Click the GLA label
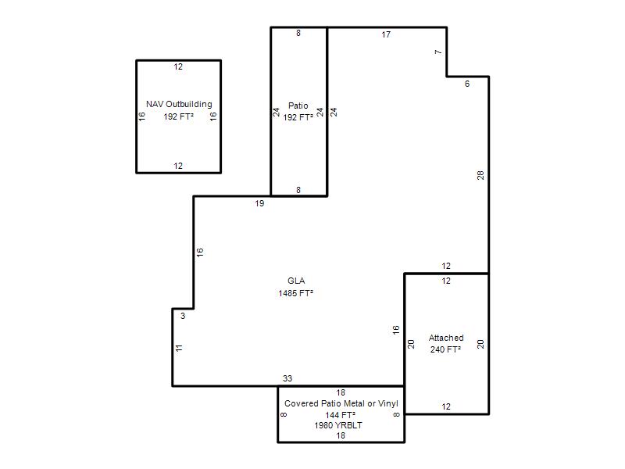click(296, 281)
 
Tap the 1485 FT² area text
click(296, 293)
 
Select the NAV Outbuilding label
click(179, 104)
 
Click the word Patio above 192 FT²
click(298, 106)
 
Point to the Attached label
click(446, 338)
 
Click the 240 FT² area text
click(445, 349)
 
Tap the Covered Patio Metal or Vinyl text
click(341, 403)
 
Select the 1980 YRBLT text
click(338, 425)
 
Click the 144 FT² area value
click(341, 415)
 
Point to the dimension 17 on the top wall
click(386, 34)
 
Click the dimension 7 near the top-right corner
click(438, 52)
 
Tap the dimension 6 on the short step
click(467, 84)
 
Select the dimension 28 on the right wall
click(480, 175)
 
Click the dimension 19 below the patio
click(259, 203)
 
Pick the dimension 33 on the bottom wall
click(287, 378)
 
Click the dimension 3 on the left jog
click(183, 316)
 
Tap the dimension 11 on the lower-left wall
click(179, 348)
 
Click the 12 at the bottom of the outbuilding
click(178, 166)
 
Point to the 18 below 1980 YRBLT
click(341, 435)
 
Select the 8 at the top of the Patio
click(298, 33)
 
